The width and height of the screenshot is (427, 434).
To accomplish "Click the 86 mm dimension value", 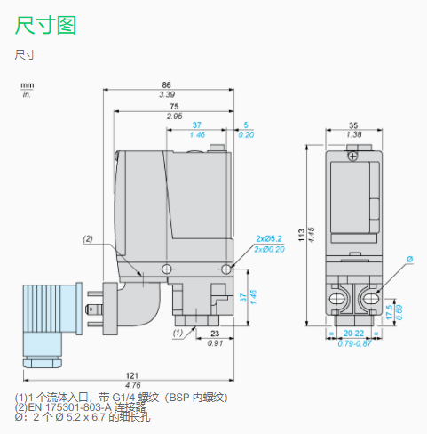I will (x=166, y=85).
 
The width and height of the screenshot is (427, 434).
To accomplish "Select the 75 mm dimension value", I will (x=175, y=108).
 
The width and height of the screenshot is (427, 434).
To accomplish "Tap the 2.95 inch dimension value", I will (x=175, y=117).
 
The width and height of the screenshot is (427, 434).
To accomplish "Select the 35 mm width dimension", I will (x=353, y=125).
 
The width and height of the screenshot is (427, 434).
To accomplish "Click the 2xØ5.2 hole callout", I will (x=267, y=239).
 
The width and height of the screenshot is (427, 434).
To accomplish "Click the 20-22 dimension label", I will (x=353, y=334).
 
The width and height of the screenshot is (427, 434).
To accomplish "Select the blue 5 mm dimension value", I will (x=246, y=125).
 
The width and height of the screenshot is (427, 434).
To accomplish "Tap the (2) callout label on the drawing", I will (x=88, y=238).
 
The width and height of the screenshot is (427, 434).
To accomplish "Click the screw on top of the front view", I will (x=353, y=156).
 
